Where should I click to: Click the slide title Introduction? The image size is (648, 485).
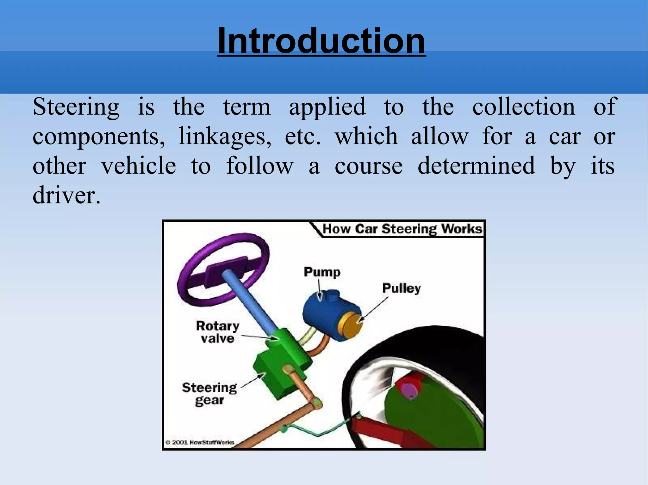tap(321, 41)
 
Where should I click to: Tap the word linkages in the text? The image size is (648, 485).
tap(225, 136)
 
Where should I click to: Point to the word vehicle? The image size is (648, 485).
tap(139, 166)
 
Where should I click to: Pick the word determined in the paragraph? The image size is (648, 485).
tap(476, 166)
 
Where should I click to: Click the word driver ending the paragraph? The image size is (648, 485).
tap(66, 195)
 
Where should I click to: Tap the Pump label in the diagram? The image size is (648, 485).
tap(322, 272)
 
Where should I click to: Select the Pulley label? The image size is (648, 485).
tap(402, 288)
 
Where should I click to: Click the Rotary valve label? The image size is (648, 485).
tap(218, 332)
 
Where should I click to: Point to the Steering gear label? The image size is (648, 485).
tap(209, 394)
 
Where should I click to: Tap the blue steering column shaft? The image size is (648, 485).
tap(250, 303)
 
